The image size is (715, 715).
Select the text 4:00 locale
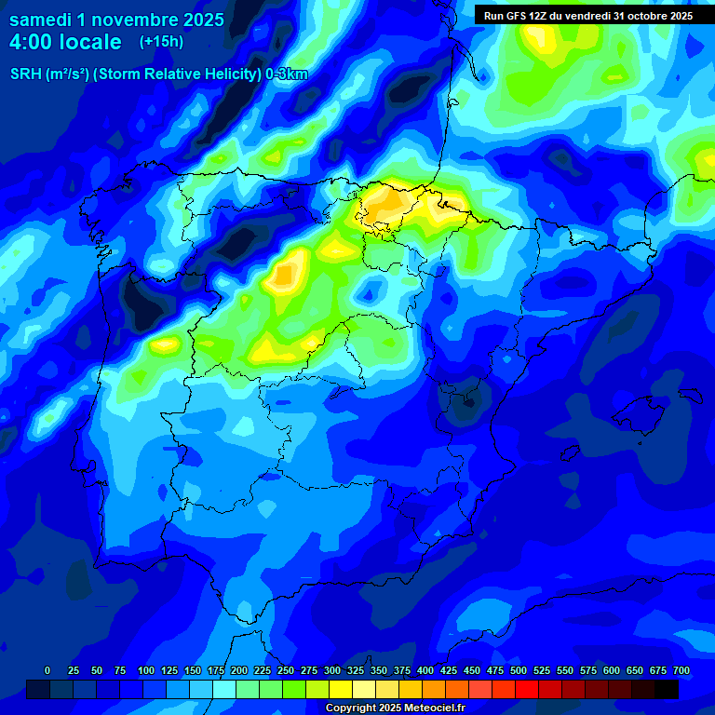click(65, 42)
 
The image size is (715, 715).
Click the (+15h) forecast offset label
click(161, 42)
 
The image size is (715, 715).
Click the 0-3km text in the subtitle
click(286, 74)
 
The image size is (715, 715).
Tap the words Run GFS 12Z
click(516, 16)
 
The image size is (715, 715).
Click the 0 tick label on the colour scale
click(47, 670)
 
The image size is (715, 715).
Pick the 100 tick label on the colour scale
click(146, 670)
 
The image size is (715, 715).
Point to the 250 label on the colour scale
click(286, 670)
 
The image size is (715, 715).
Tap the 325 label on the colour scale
click(356, 670)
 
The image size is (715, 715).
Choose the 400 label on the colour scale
click(425, 670)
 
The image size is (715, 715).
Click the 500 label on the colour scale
click(519, 670)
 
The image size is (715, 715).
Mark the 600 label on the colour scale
click(612, 670)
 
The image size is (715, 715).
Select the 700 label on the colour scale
click(681, 670)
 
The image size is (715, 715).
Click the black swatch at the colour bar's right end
click(667, 689)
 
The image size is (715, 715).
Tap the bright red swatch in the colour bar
click(527, 689)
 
